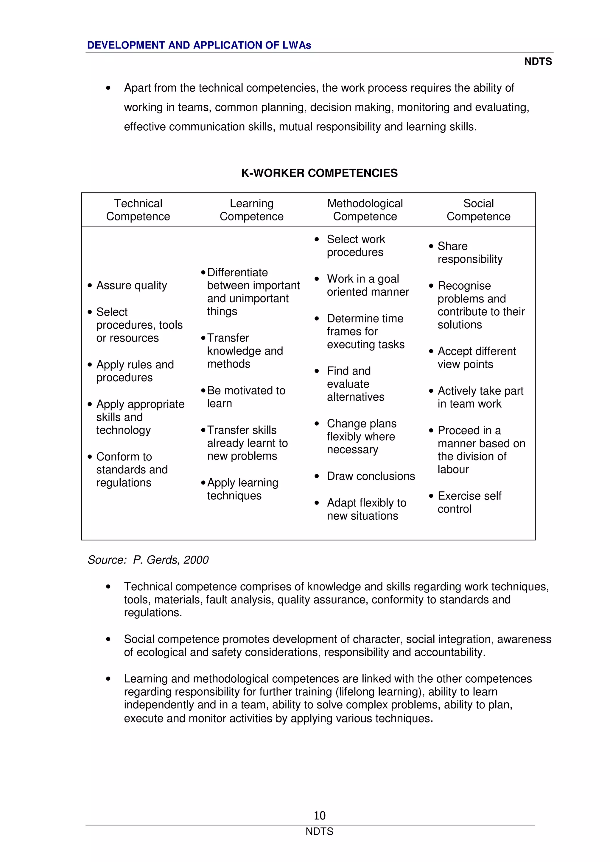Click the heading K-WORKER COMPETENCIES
(x=319, y=173)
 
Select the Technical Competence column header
(x=138, y=210)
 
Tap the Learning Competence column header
(x=251, y=210)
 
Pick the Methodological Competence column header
(x=365, y=210)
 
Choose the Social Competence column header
(x=478, y=210)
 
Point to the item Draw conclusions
(x=371, y=476)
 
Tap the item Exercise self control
(x=469, y=502)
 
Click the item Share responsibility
(x=469, y=253)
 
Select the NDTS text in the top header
(x=538, y=62)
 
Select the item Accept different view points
(x=476, y=358)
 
